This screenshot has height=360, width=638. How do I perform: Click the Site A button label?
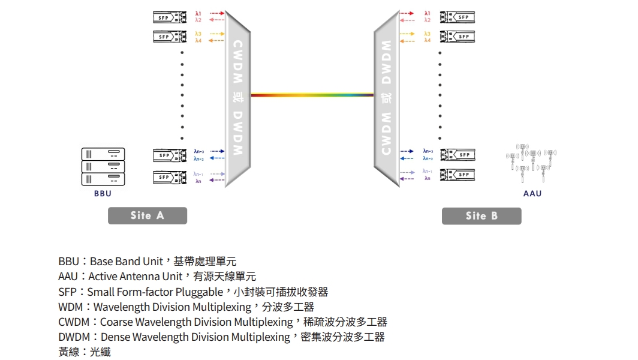(147, 215)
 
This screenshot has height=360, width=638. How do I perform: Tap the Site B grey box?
(481, 216)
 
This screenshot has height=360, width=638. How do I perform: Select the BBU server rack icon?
(103, 166)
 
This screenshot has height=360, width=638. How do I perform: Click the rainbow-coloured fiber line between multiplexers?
(312, 95)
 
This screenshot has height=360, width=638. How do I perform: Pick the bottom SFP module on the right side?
(458, 175)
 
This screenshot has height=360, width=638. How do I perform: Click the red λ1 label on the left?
(198, 13)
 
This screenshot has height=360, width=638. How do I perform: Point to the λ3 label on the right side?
(427, 34)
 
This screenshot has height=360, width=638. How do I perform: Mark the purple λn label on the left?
(198, 181)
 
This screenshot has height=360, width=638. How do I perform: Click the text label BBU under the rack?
(103, 194)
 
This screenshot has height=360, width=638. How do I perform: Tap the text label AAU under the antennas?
(532, 194)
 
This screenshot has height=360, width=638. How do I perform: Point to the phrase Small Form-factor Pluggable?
(155, 292)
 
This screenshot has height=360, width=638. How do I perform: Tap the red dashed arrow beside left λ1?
(216, 13)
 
